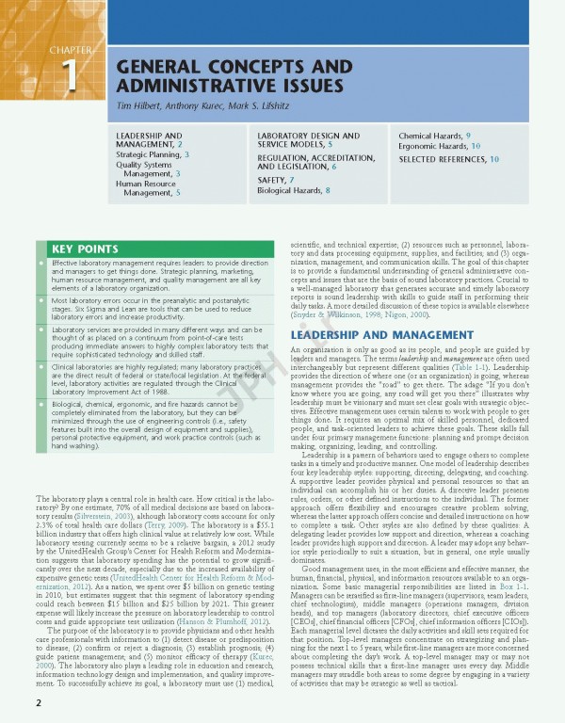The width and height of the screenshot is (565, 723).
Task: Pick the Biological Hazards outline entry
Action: point(294,191)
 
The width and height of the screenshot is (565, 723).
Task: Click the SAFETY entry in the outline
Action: point(276,180)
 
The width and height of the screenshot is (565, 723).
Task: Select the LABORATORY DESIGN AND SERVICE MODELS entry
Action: point(300,141)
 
